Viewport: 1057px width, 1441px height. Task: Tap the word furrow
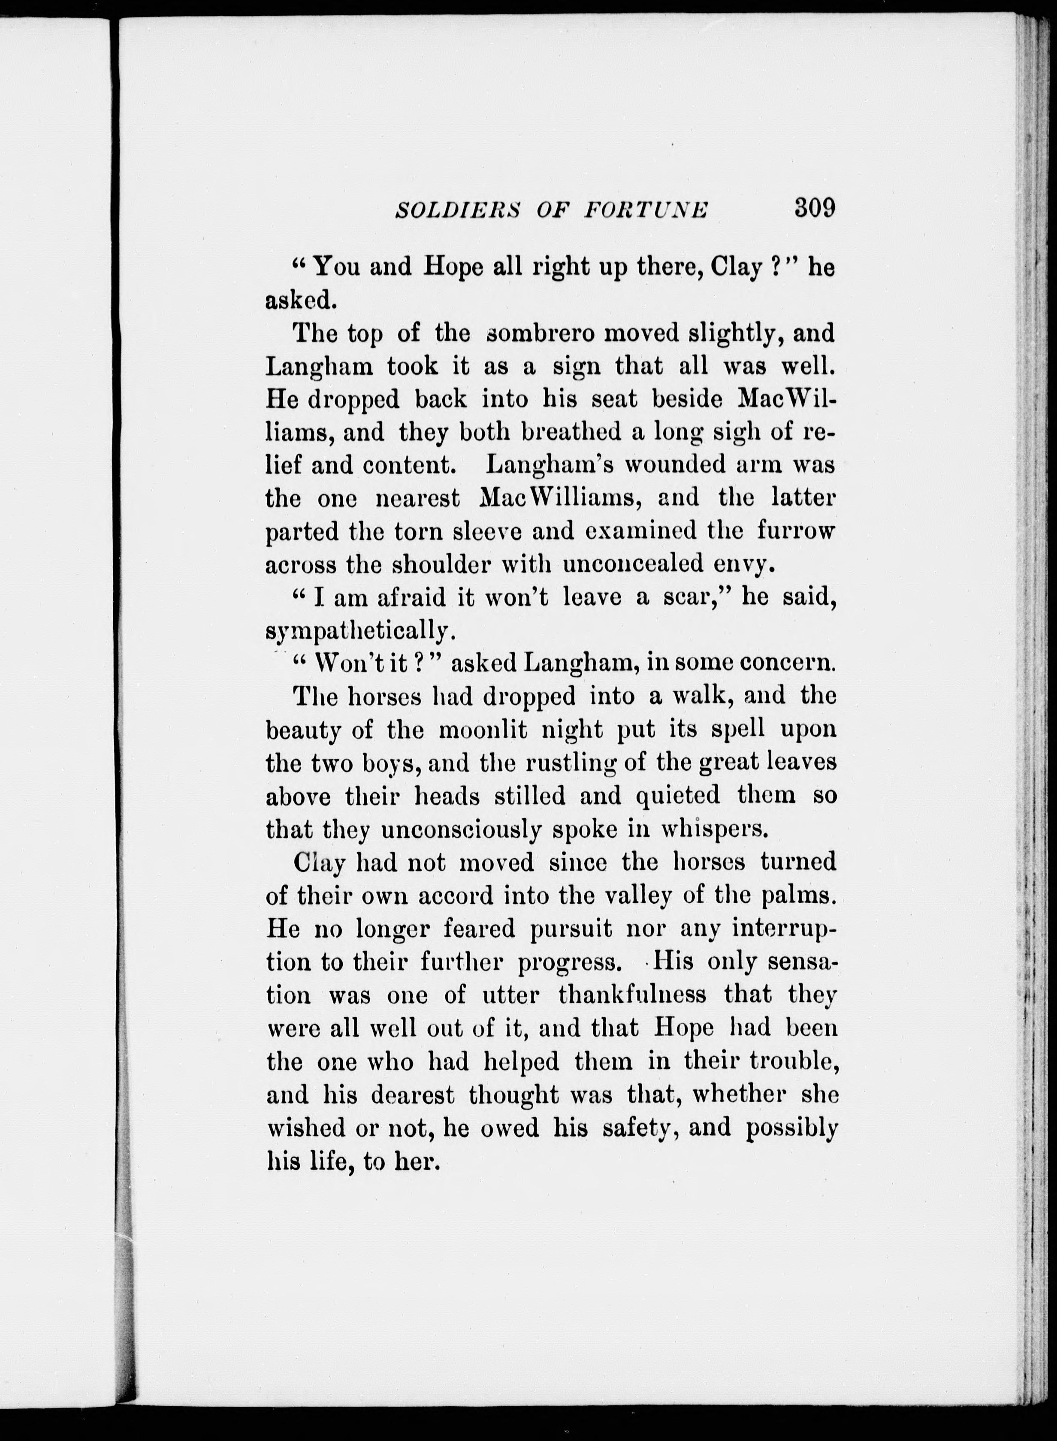(797, 531)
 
